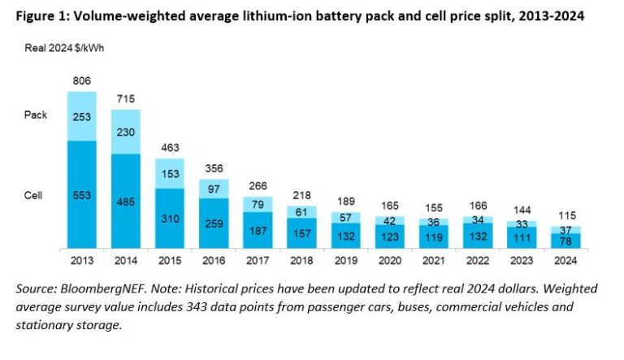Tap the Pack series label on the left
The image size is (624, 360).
coord(37,115)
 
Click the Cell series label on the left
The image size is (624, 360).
coord(35,195)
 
